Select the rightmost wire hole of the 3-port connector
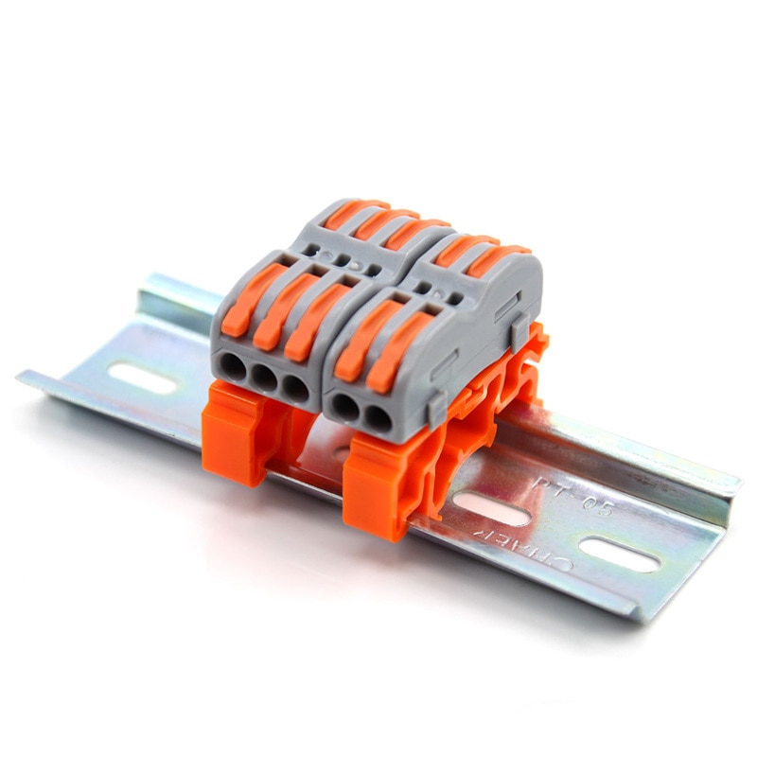295,387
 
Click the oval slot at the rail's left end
142,378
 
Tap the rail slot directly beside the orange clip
491,508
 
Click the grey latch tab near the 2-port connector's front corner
436,408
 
